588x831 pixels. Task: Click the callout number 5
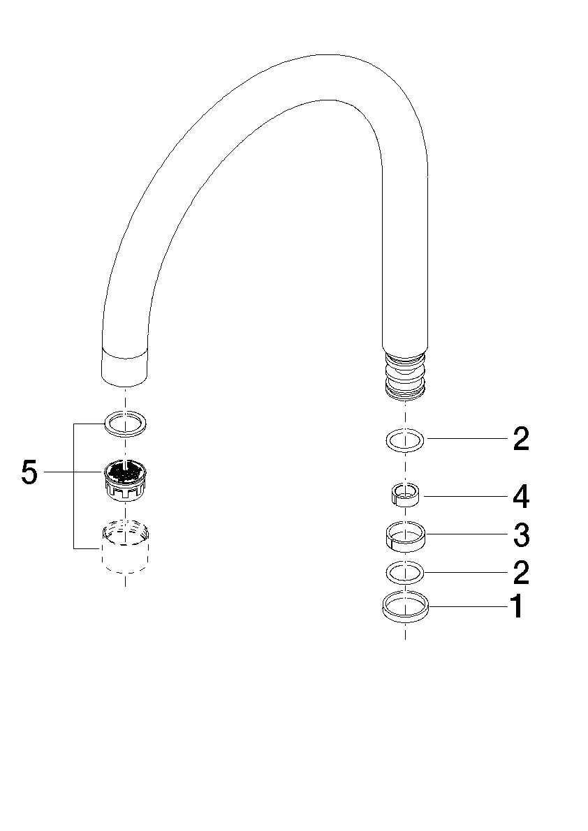[30, 472]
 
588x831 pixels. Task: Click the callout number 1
[517, 607]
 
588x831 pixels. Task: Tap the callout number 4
[521, 497]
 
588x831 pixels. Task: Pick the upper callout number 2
[521, 439]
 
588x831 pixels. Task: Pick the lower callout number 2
[521, 572]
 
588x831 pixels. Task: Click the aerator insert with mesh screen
[125, 479]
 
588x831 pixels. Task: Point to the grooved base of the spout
[405, 373]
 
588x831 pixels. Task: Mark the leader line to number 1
[469, 606]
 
